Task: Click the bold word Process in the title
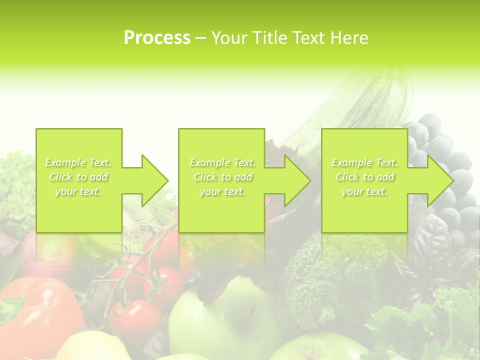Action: click(157, 38)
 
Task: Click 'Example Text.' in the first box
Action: click(78, 162)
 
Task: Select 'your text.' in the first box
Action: click(78, 191)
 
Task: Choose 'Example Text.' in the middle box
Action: click(222, 162)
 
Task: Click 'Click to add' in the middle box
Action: click(222, 177)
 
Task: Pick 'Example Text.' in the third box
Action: click(364, 162)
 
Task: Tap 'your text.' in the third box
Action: click(364, 191)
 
